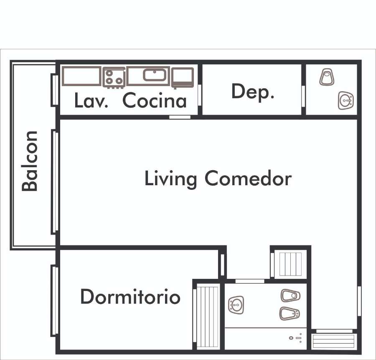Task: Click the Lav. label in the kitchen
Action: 91,101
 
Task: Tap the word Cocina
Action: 154,101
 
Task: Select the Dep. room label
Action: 252,92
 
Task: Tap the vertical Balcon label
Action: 30,161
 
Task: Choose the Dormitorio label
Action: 130,297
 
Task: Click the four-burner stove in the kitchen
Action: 114,77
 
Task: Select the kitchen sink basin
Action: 155,75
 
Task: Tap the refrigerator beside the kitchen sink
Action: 183,77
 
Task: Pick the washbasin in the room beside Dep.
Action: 346,100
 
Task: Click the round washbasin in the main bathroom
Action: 236,304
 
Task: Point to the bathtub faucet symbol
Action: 296,338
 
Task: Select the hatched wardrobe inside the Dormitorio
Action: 208,316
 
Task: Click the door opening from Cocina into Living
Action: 180,117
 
